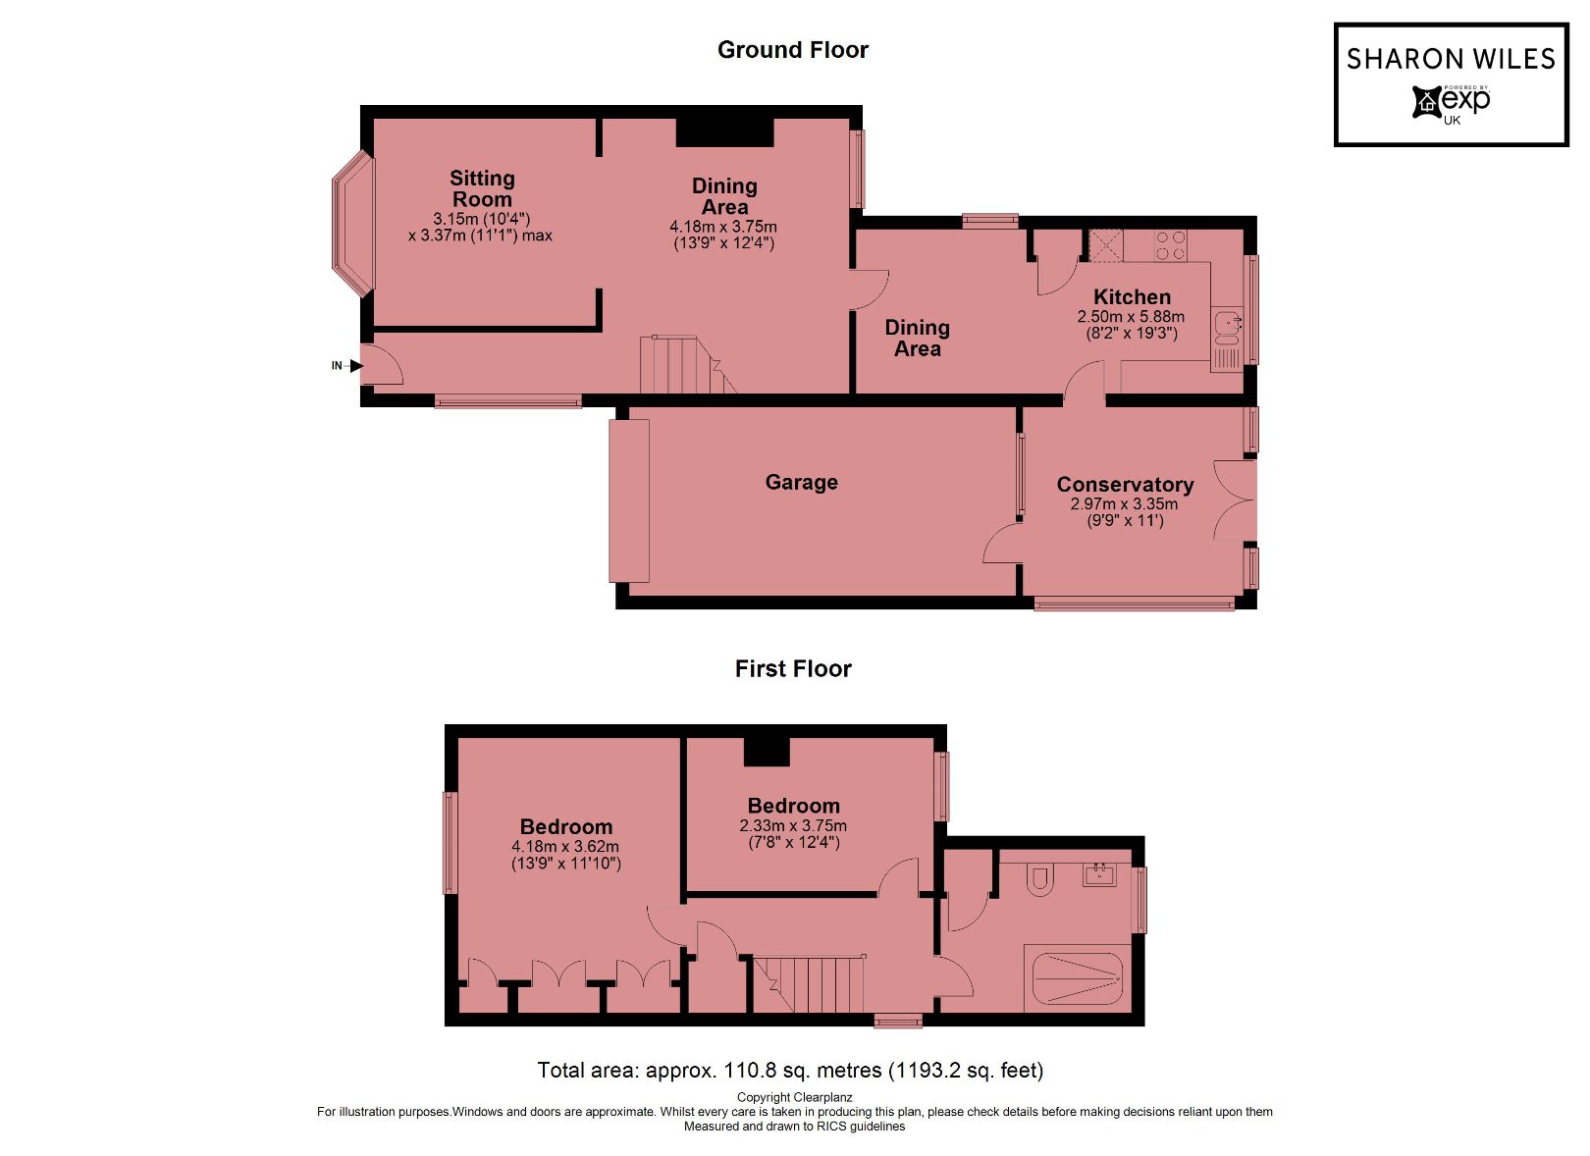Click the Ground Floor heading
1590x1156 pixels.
point(792,50)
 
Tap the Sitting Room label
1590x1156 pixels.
point(482,188)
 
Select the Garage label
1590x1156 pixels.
point(801,482)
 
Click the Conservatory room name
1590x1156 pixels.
point(1125,485)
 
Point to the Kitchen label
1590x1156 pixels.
point(1132,297)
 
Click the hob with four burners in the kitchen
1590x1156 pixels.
point(1170,245)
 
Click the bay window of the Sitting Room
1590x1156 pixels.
point(351,224)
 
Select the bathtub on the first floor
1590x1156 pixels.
point(1077,978)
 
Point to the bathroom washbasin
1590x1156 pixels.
point(1100,874)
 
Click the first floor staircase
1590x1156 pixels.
point(810,984)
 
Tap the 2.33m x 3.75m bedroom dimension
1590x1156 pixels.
point(792,826)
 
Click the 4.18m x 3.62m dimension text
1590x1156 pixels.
point(564,847)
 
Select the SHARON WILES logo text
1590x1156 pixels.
point(1450,60)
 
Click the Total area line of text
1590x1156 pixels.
point(790,1071)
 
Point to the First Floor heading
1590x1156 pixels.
point(792,669)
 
